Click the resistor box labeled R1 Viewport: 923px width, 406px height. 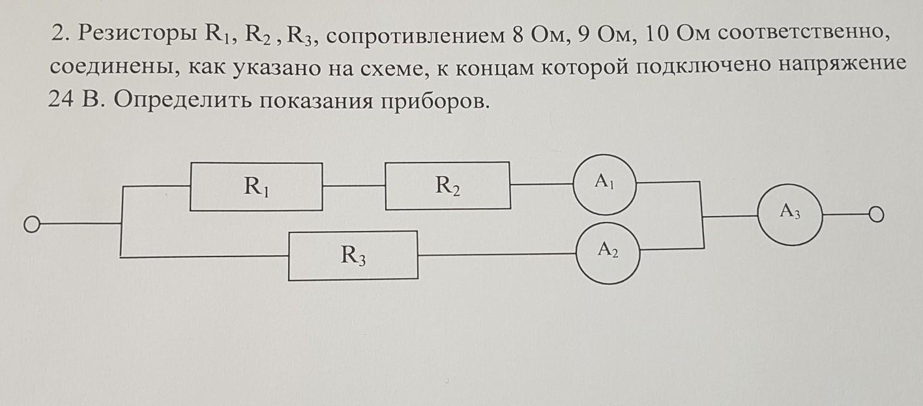click(256, 187)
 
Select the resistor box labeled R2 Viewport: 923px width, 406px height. click(447, 186)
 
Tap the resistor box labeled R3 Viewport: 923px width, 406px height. click(353, 255)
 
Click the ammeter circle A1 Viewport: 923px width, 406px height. click(605, 185)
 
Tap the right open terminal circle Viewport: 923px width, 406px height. click(877, 215)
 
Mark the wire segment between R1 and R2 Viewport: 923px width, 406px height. click(353, 186)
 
